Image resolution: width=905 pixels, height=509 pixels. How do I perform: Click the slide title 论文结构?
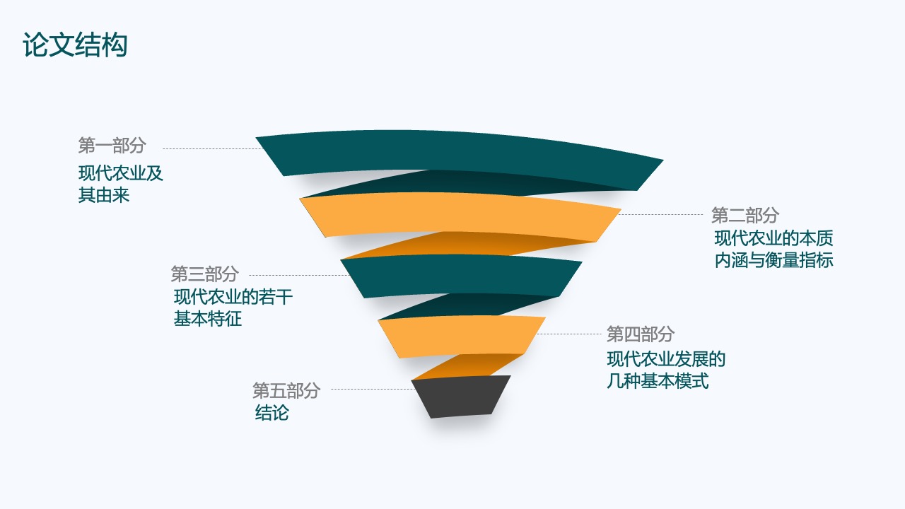pyautogui.click(x=75, y=45)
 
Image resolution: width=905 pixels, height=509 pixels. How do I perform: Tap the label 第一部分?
pyautogui.click(x=112, y=146)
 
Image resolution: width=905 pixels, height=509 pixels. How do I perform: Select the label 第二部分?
pyautogui.click(x=745, y=216)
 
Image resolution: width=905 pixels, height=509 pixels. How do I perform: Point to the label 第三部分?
pyautogui.click(x=204, y=274)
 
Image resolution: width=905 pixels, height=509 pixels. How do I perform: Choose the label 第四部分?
pyautogui.click(x=641, y=334)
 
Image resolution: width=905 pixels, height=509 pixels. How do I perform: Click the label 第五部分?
pyautogui.click(x=286, y=391)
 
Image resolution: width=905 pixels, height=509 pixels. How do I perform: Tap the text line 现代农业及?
pyautogui.click(x=120, y=173)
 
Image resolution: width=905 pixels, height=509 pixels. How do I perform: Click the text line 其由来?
pyautogui.click(x=104, y=195)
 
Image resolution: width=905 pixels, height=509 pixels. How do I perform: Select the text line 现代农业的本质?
pyautogui.click(x=773, y=238)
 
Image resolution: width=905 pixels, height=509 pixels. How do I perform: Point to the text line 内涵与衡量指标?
pyautogui.click(x=773, y=260)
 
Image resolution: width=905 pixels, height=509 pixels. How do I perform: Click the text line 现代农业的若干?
pyautogui.click(x=233, y=297)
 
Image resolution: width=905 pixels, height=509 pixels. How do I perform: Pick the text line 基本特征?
pyautogui.click(x=208, y=319)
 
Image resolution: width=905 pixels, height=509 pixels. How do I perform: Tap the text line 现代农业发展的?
pyautogui.click(x=666, y=359)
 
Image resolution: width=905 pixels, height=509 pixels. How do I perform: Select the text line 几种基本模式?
pyautogui.click(x=658, y=381)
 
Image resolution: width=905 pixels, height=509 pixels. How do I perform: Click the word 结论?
pyautogui.click(x=272, y=413)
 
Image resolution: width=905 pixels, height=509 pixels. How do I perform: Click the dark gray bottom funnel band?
pyautogui.click(x=461, y=397)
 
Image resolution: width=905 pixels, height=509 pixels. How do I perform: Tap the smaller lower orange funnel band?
pyautogui.click(x=462, y=337)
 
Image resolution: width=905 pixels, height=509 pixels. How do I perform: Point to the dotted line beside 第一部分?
pyautogui.click(x=213, y=148)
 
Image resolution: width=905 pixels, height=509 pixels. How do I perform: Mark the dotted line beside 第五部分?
pyautogui.click(x=373, y=390)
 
